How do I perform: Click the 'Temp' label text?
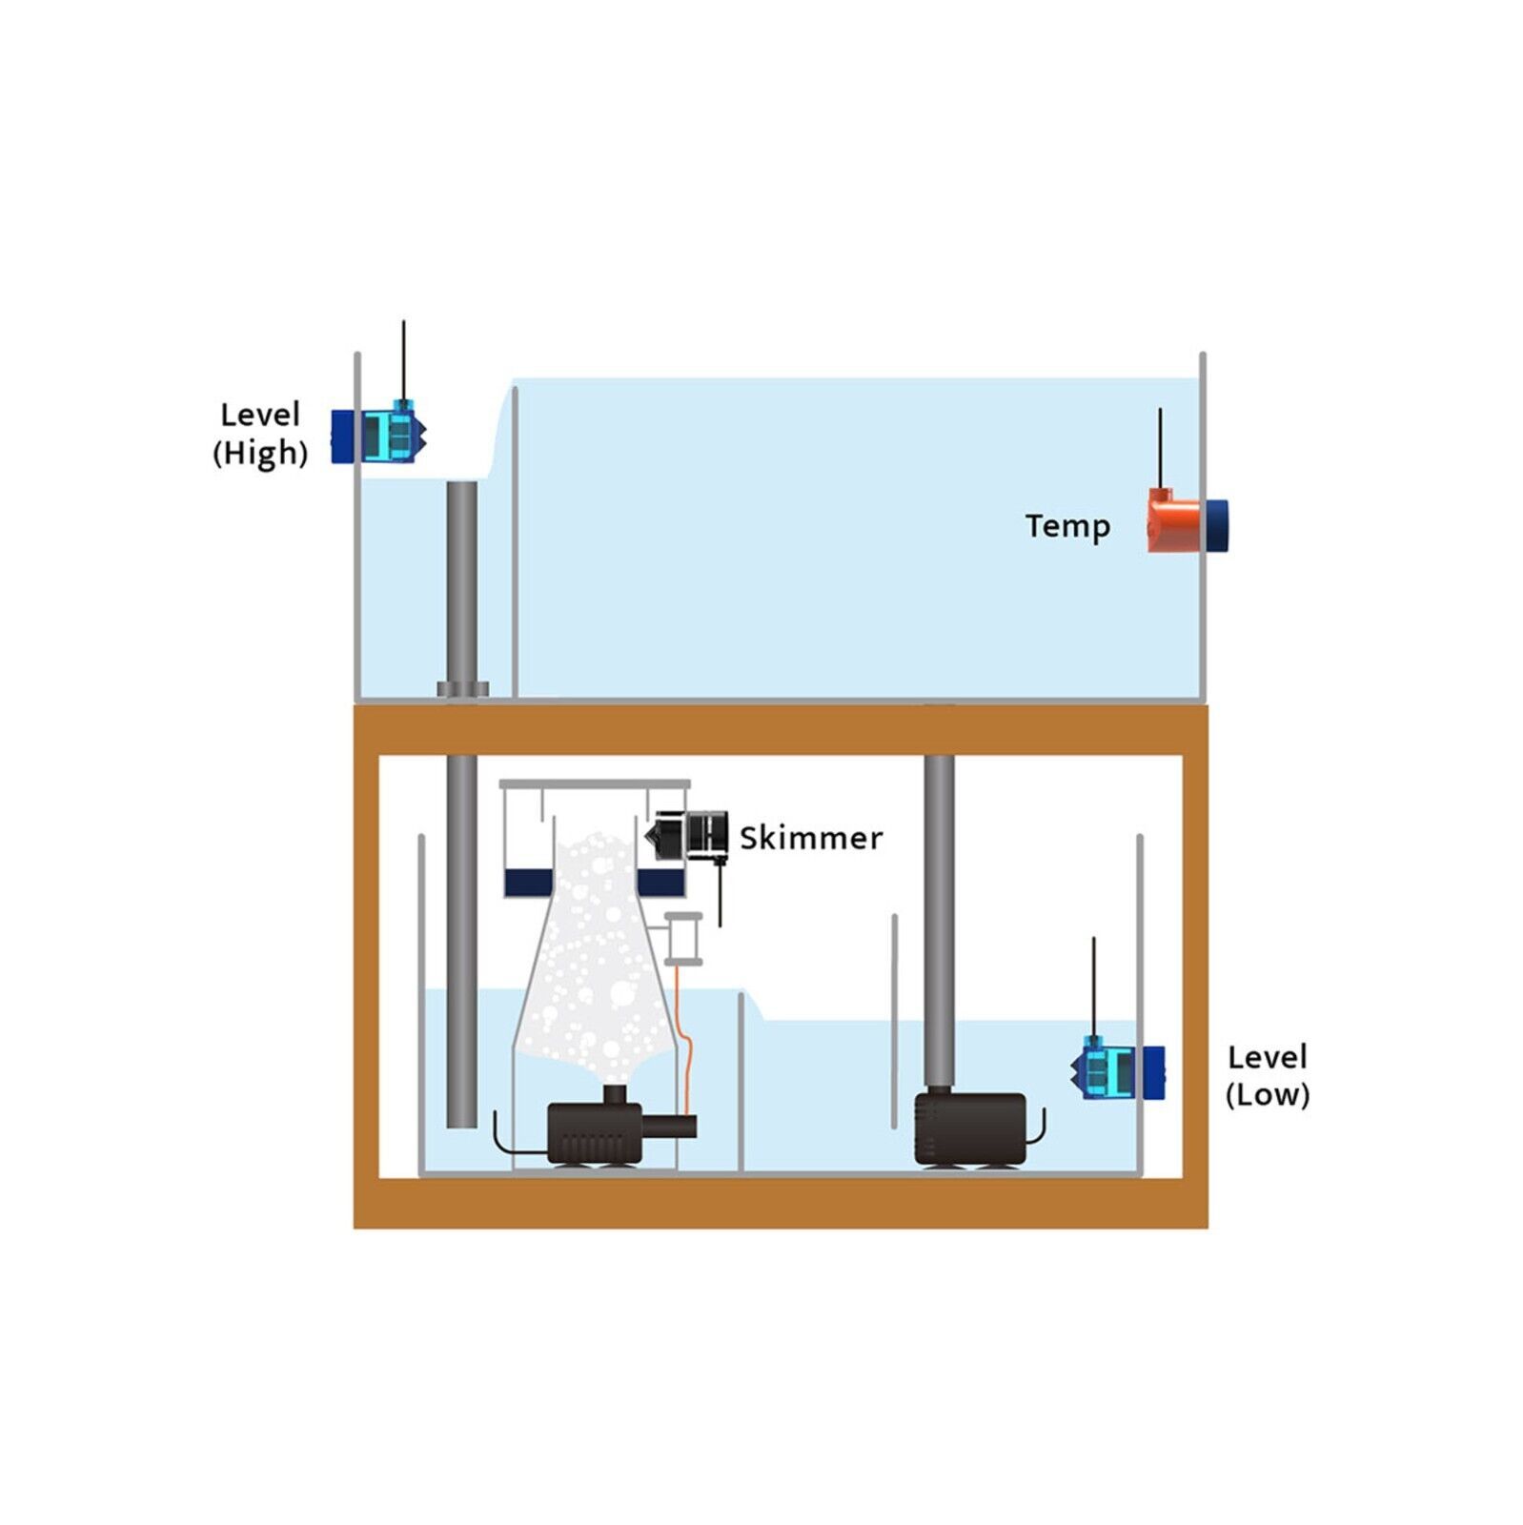pyautogui.click(x=1067, y=526)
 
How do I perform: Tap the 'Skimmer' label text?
pyautogui.click(x=811, y=838)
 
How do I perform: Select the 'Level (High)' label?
pyautogui.click(x=260, y=434)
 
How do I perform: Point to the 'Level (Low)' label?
pyautogui.click(x=1268, y=1075)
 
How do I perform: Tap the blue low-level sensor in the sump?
pyautogui.click(x=1118, y=1071)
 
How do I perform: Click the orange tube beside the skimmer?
pyautogui.click(x=684, y=1039)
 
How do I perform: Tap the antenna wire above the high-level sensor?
pyautogui.click(x=403, y=360)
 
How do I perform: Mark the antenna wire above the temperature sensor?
pyautogui.click(x=1160, y=448)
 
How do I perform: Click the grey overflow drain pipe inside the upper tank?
pyautogui.click(x=462, y=581)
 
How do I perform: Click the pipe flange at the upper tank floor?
pyautogui.click(x=463, y=689)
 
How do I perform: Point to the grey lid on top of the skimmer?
pyautogui.click(x=595, y=784)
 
